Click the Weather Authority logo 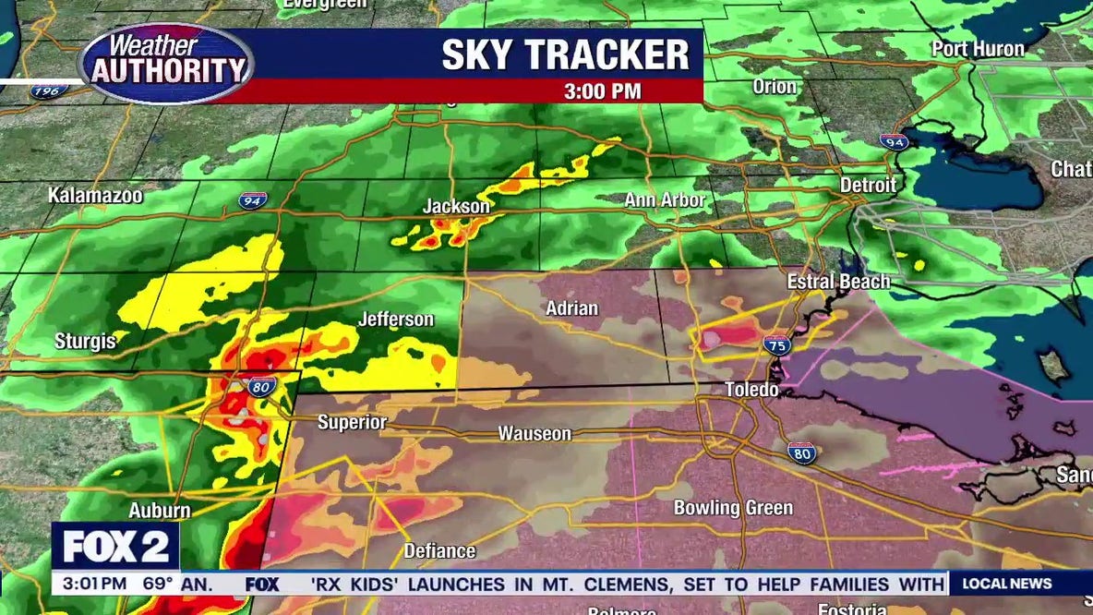coord(167,63)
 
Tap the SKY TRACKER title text coord(565,54)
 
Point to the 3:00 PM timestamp coord(603,91)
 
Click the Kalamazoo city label coord(96,196)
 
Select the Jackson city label coord(456,207)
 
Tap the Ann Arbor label coord(665,200)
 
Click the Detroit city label coord(868,186)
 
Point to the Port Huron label coord(978,49)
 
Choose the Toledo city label coord(751,390)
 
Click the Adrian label coord(572,308)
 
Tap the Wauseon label coord(534,433)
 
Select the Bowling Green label coord(733,508)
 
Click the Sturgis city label coord(85,342)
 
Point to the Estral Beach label coord(838,282)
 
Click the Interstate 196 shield coord(44,90)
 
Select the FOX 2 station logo coord(115,548)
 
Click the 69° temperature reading coord(158,584)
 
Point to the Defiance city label coord(439,551)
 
